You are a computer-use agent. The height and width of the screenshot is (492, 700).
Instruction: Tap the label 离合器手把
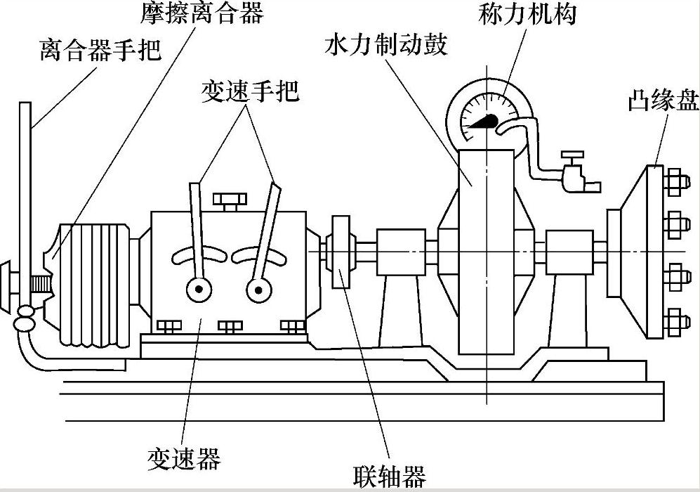point(100,49)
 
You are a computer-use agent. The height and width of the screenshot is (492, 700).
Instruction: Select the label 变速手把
point(250,91)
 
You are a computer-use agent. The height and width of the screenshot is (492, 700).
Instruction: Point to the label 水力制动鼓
point(386,44)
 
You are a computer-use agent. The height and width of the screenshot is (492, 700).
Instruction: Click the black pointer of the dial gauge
point(482,122)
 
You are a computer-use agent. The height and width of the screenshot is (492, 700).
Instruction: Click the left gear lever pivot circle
point(199,290)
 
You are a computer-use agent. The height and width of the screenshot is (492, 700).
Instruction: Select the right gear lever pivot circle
point(259,290)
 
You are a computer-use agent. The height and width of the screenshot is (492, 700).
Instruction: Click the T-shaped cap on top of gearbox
point(230,201)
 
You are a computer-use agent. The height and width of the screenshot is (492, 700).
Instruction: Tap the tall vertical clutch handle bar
point(25,204)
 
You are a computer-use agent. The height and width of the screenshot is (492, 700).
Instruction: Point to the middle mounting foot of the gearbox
point(230,327)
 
